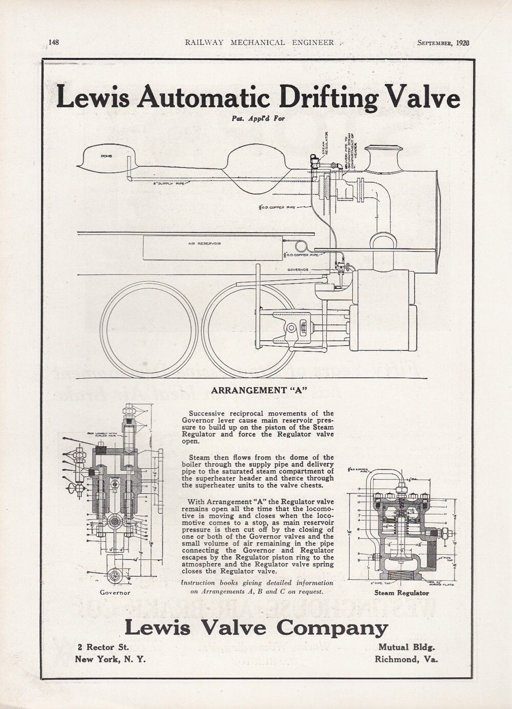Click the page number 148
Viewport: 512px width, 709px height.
point(54,43)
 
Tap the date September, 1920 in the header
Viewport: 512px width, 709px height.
point(443,43)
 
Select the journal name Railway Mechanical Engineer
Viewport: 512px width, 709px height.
point(260,43)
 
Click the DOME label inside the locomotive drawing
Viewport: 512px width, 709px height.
point(106,155)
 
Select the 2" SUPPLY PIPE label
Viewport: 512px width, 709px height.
point(169,183)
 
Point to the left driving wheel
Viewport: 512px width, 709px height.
point(150,328)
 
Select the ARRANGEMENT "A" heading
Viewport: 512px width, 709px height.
point(259,390)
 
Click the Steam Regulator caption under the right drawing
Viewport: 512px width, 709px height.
point(402,593)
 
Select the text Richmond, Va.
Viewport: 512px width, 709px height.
point(406,659)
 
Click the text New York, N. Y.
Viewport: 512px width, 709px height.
point(110,659)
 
